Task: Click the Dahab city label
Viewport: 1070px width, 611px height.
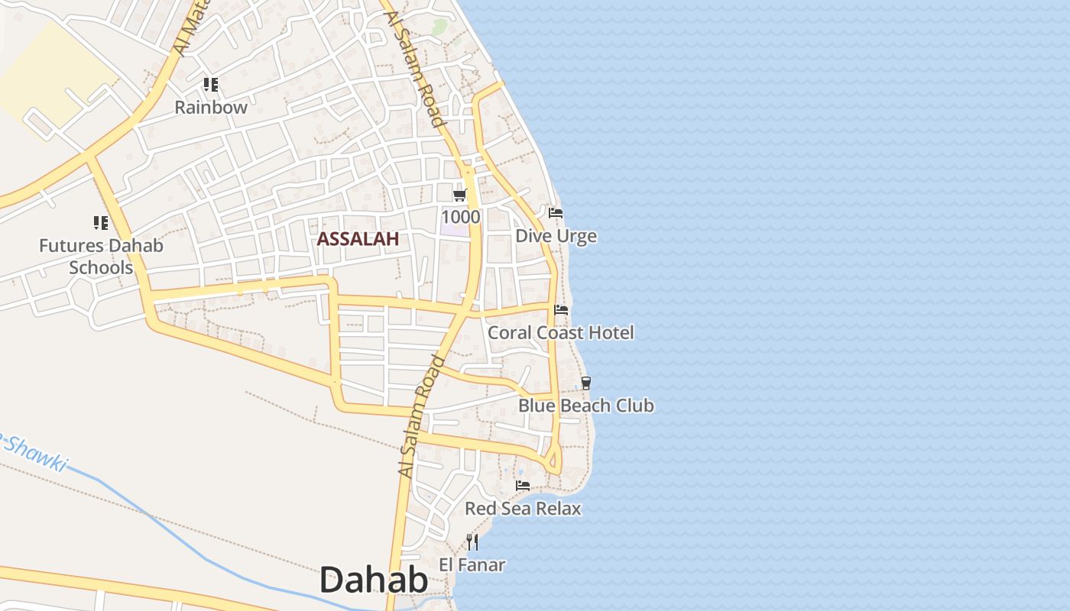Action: [x=373, y=580]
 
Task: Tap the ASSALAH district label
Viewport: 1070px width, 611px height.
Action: [x=358, y=239]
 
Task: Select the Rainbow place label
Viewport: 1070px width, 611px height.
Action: [x=211, y=108]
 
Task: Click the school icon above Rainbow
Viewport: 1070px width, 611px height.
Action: [x=211, y=85]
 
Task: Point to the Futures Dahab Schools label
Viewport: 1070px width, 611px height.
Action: [x=101, y=257]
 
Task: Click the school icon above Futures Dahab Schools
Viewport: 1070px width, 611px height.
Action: [x=101, y=223]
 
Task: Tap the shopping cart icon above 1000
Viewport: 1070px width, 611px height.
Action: [x=460, y=196]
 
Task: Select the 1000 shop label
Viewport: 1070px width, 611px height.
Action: [x=460, y=217]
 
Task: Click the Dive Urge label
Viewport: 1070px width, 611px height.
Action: [x=556, y=236]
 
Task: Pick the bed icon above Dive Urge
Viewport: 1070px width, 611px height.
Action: [x=556, y=213]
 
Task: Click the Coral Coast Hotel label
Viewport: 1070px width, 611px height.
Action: [x=561, y=333]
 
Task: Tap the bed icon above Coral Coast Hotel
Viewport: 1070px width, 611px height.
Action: [x=561, y=310]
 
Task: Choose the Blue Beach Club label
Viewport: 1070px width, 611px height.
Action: [x=586, y=406]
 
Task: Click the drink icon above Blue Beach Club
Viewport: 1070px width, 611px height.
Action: [x=586, y=383]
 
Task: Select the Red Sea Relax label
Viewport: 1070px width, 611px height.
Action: [x=523, y=509]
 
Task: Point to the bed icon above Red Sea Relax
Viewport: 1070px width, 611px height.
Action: [x=523, y=486]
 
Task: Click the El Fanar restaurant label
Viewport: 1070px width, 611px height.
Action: [x=472, y=565]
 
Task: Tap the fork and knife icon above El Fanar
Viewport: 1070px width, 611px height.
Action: [x=472, y=542]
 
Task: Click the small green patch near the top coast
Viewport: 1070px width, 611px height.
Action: [x=439, y=27]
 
